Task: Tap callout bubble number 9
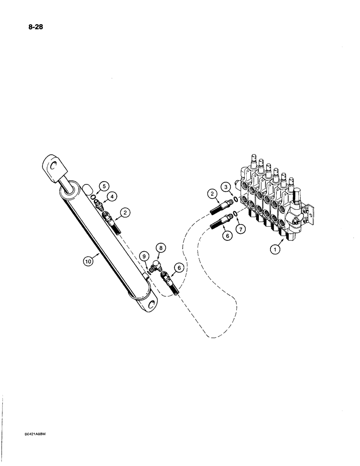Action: point(145,256)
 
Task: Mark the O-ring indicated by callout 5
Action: point(95,198)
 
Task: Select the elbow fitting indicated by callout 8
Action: point(157,266)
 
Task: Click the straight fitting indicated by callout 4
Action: point(99,204)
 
